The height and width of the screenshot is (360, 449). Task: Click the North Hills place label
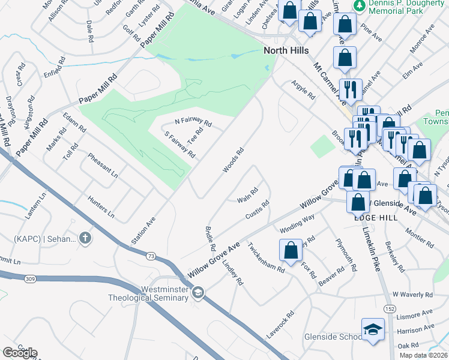(x=286, y=51)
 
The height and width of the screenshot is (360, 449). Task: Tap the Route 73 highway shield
(x=151, y=256)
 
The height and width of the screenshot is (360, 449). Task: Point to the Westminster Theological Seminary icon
(x=197, y=292)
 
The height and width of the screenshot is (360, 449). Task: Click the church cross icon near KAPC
(x=85, y=238)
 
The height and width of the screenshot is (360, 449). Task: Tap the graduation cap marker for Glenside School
(x=373, y=329)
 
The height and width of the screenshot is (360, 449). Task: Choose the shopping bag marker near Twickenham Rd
(x=291, y=250)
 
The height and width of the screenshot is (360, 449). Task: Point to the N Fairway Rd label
(x=193, y=122)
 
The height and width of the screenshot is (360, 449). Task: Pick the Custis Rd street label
(x=258, y=211)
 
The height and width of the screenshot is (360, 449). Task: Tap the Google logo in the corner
(x=20, y=353)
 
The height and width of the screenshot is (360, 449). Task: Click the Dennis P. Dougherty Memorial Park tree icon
(x=360, y=5)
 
